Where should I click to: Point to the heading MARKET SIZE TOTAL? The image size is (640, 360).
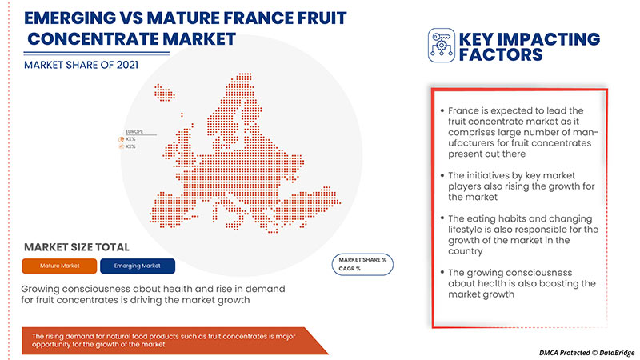(x=76, y=247)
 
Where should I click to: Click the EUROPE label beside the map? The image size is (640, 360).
(x=134, y=130)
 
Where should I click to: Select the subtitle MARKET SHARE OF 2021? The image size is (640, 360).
(x=79, y=66)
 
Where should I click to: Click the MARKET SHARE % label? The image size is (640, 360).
(x=362, y=260)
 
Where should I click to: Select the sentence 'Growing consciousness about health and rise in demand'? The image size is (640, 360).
(x=154, y=287)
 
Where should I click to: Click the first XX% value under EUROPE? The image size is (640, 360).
(x=130, y=139)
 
